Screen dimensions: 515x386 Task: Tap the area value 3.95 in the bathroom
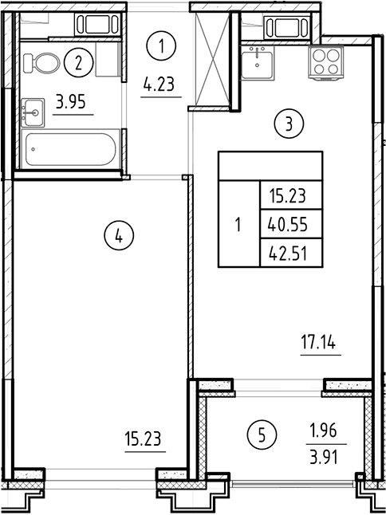coord(72,102)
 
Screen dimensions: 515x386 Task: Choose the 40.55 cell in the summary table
coord(289,225)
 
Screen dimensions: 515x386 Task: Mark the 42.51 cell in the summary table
coord(289,255)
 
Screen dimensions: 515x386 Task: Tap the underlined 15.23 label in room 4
coord(144,438)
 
